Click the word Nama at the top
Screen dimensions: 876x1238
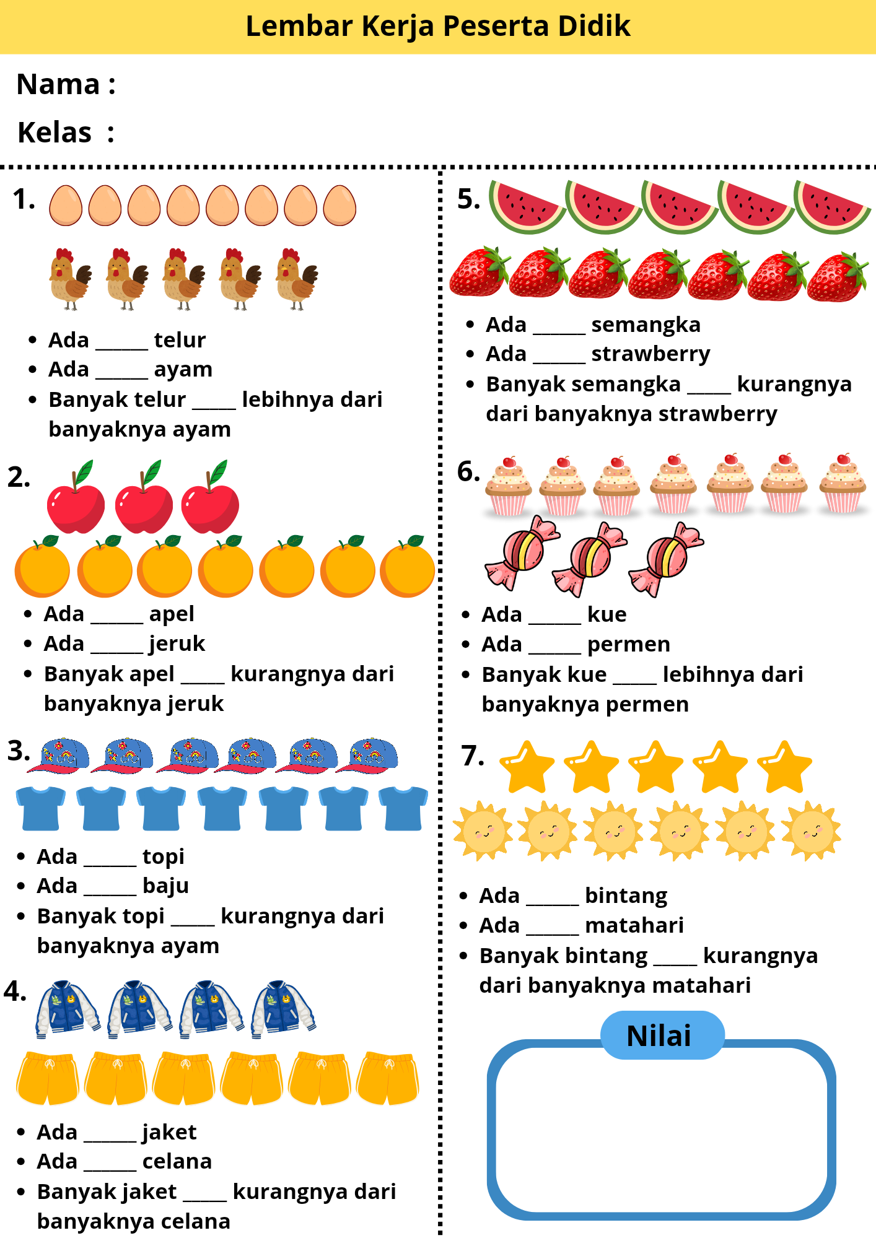58,84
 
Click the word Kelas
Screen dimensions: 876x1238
55,133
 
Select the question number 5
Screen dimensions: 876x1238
468,199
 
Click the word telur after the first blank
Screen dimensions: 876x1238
180,340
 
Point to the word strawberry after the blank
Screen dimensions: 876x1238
650,354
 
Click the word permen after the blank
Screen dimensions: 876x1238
628,645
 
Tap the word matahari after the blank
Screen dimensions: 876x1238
634,925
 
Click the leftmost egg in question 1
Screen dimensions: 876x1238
66,206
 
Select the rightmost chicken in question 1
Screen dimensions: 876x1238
297,279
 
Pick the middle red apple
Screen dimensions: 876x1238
144,497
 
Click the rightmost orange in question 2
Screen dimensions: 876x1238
408,566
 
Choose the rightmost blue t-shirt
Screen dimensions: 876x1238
403,808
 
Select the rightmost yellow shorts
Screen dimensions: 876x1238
388,1078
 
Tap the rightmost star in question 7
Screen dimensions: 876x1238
784,767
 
